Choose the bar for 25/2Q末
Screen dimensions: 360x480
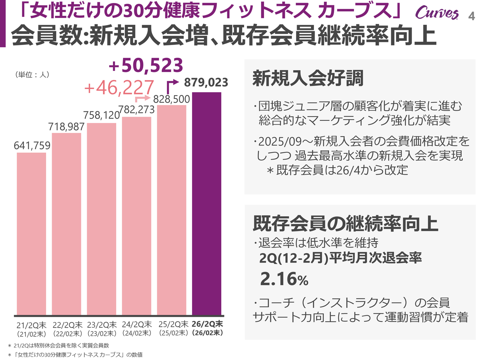coord(172,210)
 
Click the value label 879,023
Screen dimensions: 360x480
coord(206,82)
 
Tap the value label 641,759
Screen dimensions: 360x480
coord(32,145)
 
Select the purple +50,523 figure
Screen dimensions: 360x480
coord(146,66)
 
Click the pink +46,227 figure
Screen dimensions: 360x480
coord(119,88)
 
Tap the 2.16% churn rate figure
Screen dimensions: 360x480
coord(284,279)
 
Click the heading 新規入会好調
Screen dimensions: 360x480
coord(308,78)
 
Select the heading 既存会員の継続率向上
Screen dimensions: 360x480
coord(345,223)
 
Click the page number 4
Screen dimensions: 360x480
coord(471,16)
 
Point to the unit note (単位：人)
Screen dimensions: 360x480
coord(32,75)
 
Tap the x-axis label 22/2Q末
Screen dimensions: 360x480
coord(67,325)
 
